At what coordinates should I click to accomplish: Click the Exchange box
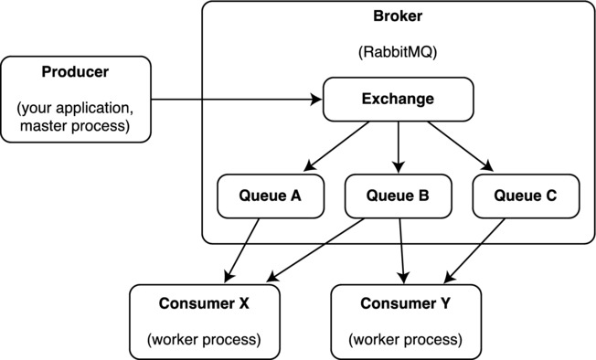[399, 99]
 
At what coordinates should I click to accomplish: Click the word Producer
[76, 71]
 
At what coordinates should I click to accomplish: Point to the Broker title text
[399, 17]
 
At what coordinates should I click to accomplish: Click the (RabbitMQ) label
[399, 51]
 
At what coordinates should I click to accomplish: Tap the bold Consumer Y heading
[405, 303]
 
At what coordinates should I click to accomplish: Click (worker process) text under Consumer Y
[405, 340]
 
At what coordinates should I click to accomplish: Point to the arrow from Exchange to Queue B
[399, 146]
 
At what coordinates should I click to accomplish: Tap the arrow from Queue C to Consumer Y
[474, 249]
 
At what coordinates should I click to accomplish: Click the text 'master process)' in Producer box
[76, 125]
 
